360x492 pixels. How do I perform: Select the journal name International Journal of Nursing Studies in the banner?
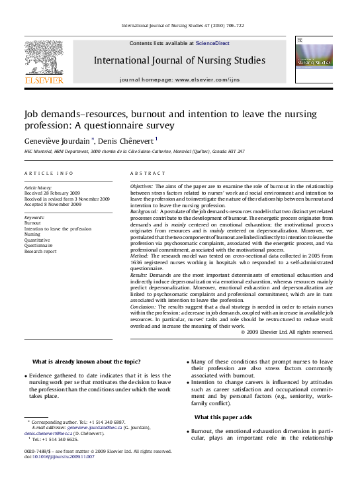pos(179,60)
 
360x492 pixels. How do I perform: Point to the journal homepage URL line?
pos(180,79)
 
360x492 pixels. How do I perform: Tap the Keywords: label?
pos(34,217)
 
